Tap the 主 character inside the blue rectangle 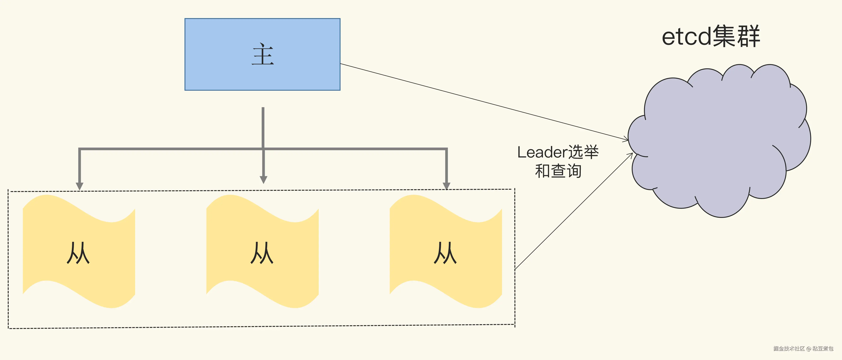263,55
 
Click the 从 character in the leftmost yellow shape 78,253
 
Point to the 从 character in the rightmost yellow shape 445,253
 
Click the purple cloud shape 719,141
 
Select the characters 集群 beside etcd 736,37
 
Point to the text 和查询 558,171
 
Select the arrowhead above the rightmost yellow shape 446,186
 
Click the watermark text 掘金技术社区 789,349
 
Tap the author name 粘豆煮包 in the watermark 823,349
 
